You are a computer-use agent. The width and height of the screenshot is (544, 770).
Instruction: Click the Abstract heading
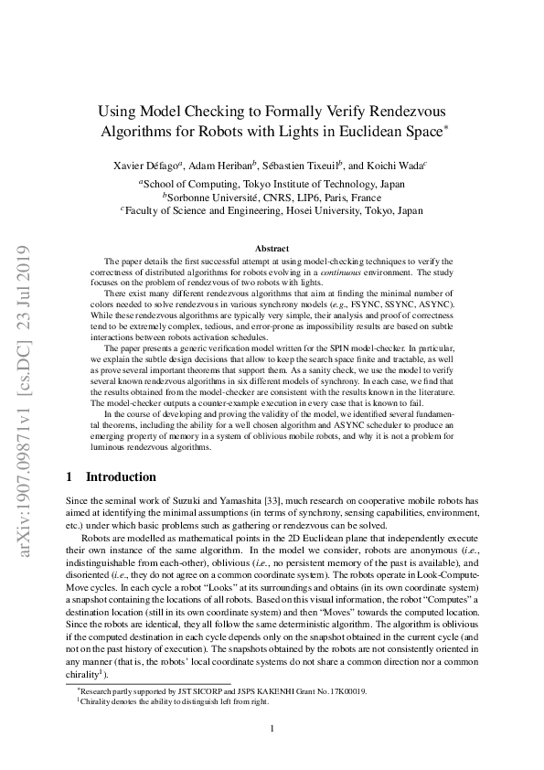(272, 249)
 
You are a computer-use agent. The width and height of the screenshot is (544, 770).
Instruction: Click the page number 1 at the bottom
(272, 728)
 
